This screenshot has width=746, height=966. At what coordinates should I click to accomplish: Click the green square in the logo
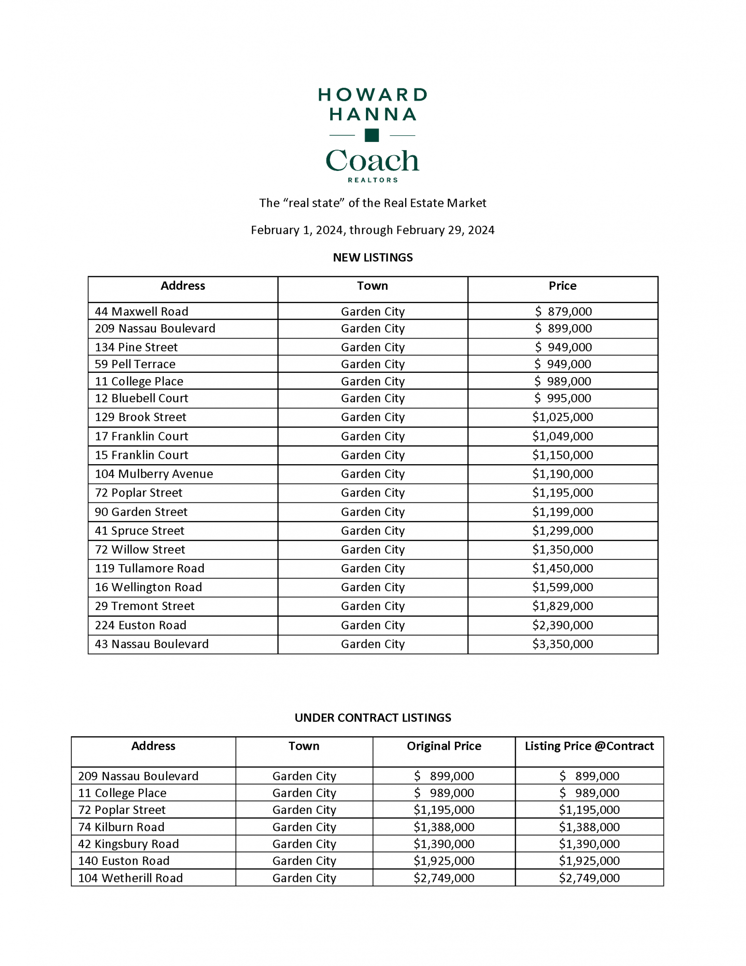coord(371,135)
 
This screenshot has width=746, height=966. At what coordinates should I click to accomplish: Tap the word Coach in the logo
coord(372,161)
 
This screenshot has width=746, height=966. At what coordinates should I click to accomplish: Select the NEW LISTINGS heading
coord(373,257)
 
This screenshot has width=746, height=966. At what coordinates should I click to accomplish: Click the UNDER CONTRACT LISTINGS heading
coord(373,718)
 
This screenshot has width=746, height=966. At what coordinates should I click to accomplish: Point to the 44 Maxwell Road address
coord(141,312)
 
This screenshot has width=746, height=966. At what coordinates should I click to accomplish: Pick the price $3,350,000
coord(563,644)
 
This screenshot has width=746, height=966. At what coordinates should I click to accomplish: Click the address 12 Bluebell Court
coord(141,398)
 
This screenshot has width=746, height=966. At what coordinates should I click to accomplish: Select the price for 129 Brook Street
coord(563,417)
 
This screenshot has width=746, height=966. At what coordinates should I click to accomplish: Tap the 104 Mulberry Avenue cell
coord(154,474)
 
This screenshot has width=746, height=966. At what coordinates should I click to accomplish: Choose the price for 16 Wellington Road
coord(563,587)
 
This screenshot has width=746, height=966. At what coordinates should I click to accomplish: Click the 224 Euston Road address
coord(141,625)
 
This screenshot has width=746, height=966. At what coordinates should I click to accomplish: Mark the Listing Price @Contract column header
coord(589,746)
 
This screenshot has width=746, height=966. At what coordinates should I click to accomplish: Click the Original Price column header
coord(444,746)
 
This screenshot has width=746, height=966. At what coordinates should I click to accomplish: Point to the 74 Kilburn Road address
coord(121,827)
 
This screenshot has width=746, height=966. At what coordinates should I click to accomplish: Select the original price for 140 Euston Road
coord(444,861)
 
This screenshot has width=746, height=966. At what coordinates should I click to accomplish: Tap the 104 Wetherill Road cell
coord(130,878)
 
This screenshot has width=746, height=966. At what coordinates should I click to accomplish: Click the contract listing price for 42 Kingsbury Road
coord(589,844)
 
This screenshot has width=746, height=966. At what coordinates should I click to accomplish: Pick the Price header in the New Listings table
coord(563,286)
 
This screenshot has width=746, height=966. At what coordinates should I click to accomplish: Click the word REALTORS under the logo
coord(373,180)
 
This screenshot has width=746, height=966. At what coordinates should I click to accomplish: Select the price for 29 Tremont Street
coord(563,606)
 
